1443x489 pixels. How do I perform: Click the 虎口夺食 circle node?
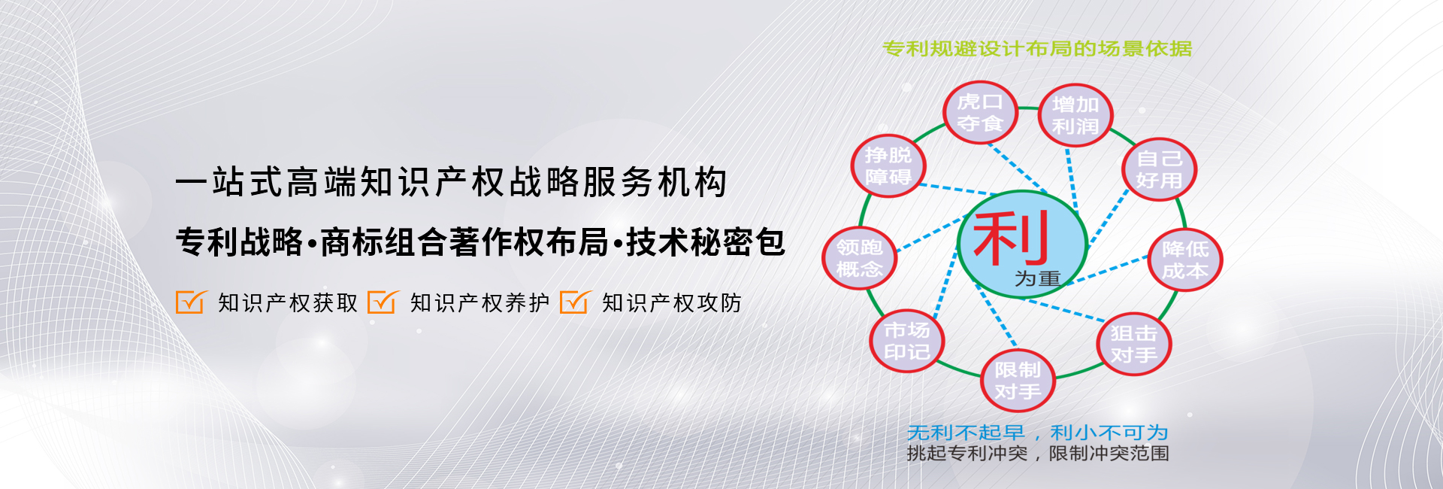click(x=980, y=113)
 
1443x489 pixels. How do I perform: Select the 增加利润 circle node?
click(x=1075, y=115)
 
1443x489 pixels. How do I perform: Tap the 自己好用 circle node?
click(x=1159, y=169)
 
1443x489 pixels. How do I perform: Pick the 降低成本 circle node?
click(x=1185, y=260)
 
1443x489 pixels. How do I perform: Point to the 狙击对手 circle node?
click(x=1134, y=344)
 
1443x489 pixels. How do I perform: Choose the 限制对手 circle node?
click(x=1018, y=381)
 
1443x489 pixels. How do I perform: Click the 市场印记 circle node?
click(x=907, y=341)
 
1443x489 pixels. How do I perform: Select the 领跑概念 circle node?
click(x=860, y=258)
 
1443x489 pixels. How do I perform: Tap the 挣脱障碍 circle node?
click(x=888, y=166)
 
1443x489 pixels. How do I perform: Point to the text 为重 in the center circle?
click(x=1037, y=278)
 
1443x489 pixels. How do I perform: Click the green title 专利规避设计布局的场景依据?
click(x=1037, y=49)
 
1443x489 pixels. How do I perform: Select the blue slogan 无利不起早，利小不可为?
click(x=1038, y=433)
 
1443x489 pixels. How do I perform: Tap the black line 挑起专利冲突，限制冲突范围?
click(x=1038, y=454)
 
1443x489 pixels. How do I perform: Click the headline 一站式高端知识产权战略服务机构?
click(x=451, y=183)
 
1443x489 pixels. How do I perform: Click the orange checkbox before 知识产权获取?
click(x=189, y=302)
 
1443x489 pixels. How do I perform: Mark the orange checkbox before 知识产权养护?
click(x=382, y=302)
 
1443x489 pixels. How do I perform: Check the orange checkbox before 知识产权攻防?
click(x=574, y=302)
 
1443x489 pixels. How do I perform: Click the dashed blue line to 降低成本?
click(x=1107, y=271)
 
